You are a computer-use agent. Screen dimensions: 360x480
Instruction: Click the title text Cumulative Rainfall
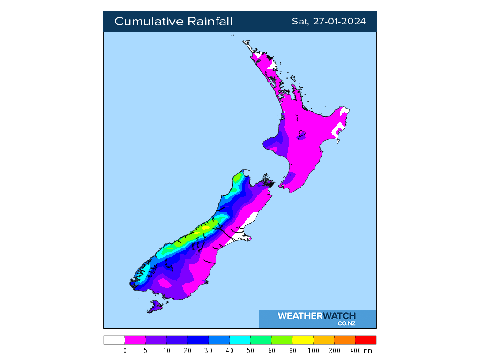click(173, 22)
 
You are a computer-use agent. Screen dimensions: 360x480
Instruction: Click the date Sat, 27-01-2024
click(329, 22)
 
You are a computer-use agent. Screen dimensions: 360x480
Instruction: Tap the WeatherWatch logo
click(317, 316)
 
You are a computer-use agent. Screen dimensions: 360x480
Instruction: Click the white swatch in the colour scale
click(114, 340)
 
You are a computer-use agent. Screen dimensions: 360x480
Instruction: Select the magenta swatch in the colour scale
click(135, 340)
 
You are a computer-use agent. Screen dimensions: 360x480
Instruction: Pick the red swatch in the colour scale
click(366, 340)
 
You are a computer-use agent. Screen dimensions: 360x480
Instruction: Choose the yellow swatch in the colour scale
click(303, 340)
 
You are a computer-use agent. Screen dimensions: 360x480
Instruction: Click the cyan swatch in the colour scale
click(240, 340)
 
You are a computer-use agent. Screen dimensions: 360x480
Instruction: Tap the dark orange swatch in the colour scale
click(345, 340)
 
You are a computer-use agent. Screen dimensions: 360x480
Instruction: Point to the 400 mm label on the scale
click(360, 351)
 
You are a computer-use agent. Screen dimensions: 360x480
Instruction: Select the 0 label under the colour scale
click(125, 351)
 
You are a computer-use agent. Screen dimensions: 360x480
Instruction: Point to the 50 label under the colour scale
click(251, 351)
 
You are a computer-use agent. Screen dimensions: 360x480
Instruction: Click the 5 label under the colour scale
click(146, 351)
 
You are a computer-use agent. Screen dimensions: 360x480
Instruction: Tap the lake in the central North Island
click(301, 135)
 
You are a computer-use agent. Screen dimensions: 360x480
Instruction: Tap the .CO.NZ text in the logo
click(346, 323)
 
